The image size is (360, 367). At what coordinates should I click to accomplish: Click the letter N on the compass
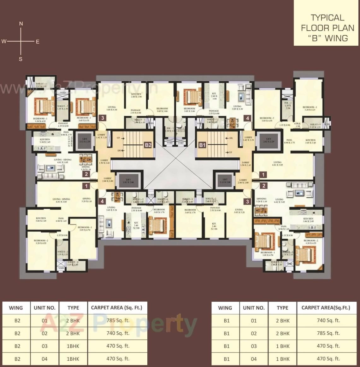[21, 24]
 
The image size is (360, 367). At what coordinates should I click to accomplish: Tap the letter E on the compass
[38, 42]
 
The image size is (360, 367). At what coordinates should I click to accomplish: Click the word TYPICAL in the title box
[327, 18]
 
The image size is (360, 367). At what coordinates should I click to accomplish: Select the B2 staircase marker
[148, 145]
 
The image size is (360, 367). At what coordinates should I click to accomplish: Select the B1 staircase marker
[202, 145]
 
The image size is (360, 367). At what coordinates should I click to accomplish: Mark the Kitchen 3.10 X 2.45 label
[45, 141]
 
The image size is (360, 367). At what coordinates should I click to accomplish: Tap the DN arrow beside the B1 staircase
[230, 138]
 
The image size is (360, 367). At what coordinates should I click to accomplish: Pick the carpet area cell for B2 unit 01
[118, 320]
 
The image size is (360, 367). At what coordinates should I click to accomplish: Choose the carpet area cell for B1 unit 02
[328, 333]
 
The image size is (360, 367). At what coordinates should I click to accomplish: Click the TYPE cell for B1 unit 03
[282, 346]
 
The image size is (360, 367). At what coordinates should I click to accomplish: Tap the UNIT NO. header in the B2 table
[44, 308]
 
